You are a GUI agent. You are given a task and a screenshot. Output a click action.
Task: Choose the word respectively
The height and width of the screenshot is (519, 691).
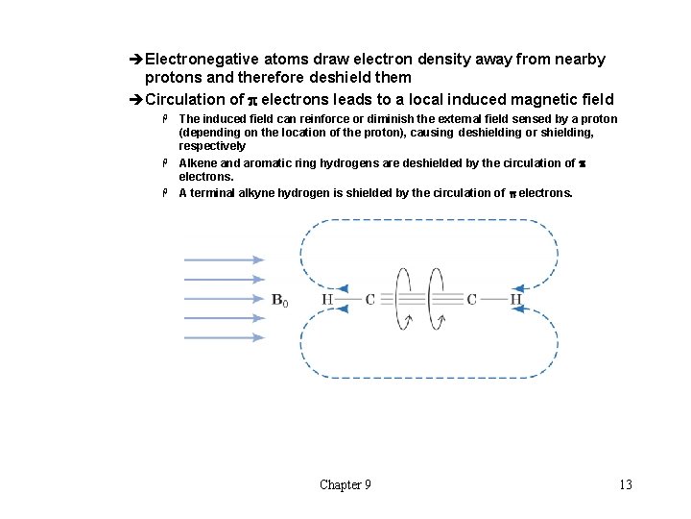pos(212,146)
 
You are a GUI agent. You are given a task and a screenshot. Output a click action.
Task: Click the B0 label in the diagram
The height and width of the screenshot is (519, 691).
pos(279,300)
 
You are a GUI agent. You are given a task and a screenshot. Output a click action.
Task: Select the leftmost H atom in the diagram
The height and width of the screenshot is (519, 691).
pos(327,300)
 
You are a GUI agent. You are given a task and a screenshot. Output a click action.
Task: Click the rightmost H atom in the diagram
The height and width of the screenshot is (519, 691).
pos(515,300)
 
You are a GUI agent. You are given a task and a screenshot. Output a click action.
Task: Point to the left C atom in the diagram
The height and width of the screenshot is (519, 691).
pos(369,300)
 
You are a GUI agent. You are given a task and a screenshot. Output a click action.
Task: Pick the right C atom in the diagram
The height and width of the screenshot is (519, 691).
pos(471,300)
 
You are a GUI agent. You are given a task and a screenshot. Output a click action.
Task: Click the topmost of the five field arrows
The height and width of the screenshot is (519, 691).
pos(223,259)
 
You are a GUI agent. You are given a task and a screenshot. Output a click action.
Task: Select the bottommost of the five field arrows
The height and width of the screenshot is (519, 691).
pos(223,337)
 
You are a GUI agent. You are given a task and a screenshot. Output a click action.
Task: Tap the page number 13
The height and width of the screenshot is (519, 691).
pos(625,484)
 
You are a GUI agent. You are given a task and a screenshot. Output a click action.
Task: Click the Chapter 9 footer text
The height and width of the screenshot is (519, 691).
pos(345,484)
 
